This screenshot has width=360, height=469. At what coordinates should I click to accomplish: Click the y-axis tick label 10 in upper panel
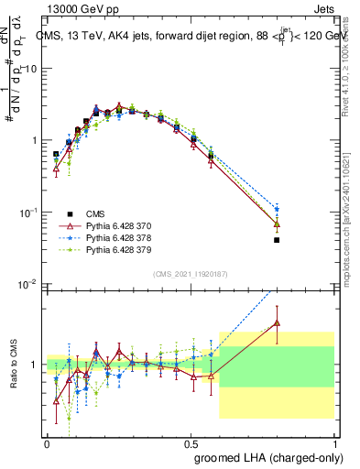[31, 69]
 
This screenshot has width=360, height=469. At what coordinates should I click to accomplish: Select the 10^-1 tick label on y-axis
[27, 212]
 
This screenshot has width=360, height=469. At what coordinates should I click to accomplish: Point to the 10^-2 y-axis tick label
[27, 283]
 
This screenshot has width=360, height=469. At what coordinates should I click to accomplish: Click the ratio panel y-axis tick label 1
[35, 364]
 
